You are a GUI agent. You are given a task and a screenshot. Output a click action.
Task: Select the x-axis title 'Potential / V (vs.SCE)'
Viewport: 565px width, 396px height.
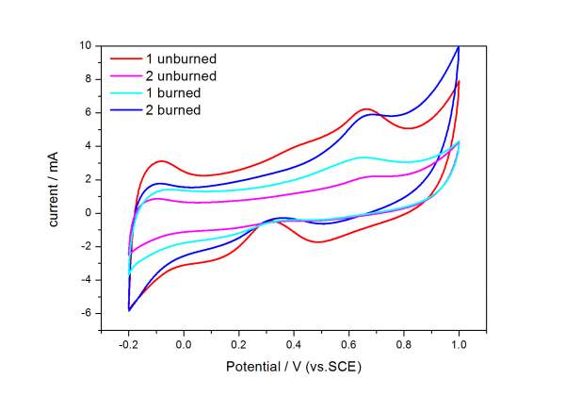[x=293, y=365]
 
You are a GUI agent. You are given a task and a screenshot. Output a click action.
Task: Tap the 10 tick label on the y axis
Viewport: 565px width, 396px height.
[x=84, y=45]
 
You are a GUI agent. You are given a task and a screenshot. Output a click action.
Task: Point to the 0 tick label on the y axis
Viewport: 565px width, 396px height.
[x=88, y=213]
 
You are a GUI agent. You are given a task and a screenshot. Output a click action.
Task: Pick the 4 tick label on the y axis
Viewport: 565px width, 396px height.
[x=88, y=146]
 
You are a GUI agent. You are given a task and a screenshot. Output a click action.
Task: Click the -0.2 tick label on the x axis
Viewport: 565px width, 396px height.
[x=127, y=344]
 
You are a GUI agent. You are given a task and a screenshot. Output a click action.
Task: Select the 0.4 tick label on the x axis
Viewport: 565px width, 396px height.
[x=294, y=344]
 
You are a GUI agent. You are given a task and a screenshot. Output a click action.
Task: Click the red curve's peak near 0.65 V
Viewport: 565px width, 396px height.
[x=366, y=109]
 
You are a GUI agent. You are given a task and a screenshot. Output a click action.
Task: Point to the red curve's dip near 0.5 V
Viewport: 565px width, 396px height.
[x=320, y=242]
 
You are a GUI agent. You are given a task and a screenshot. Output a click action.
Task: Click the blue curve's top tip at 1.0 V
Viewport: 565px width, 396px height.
[x=459, y=46]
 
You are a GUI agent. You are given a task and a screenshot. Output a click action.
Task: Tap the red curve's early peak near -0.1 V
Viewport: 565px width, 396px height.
[x=161, y=161]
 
